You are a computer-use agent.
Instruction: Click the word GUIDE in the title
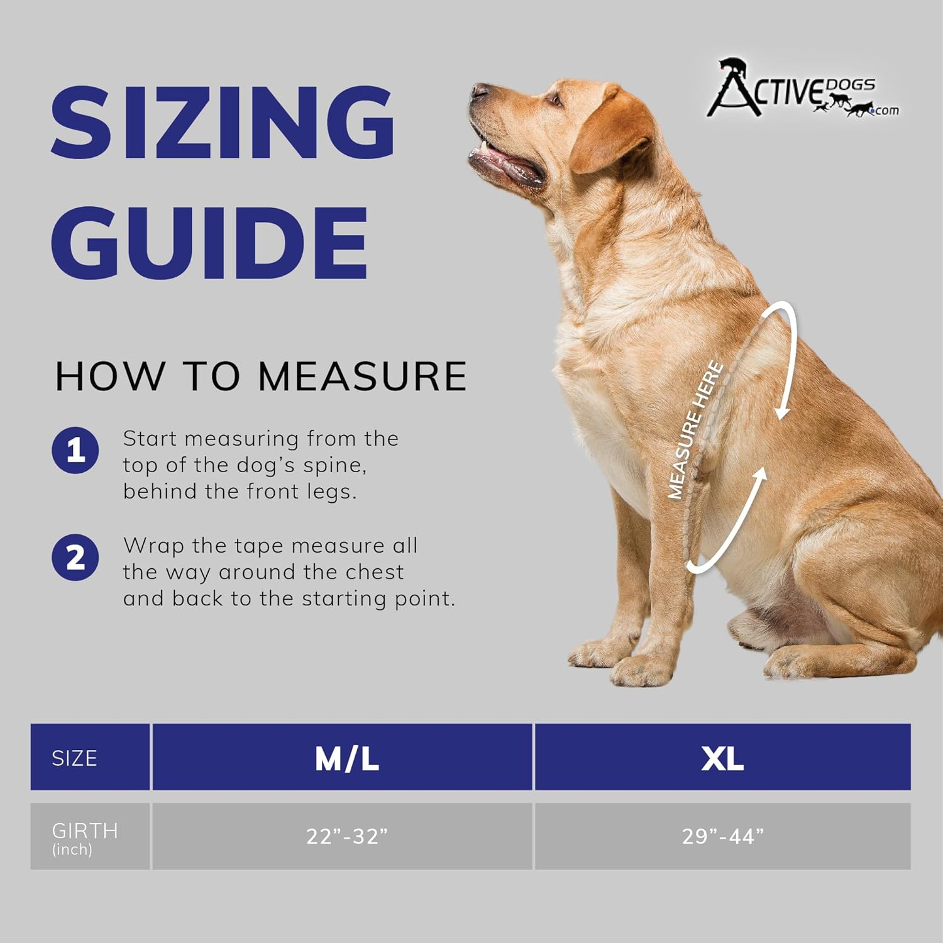(x=209, y=243)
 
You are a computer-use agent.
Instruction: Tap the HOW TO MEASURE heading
(x=261, y=376)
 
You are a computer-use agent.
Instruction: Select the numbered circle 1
(x=75, y=450)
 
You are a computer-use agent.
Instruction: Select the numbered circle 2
(x=75, y=557)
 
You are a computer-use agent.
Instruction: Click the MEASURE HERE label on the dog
(x=695, y=430)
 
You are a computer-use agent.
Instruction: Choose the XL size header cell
(x=723, y=757)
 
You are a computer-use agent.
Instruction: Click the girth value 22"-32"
(x=346, y=836)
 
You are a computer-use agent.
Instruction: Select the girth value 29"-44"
(x=723, y=836)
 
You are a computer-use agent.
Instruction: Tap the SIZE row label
(x=74, y=758)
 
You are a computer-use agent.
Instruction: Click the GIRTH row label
(x=85, y=831)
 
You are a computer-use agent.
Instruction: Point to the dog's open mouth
(x=507, y=162)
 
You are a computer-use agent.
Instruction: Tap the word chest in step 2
(x=375, y=572)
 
